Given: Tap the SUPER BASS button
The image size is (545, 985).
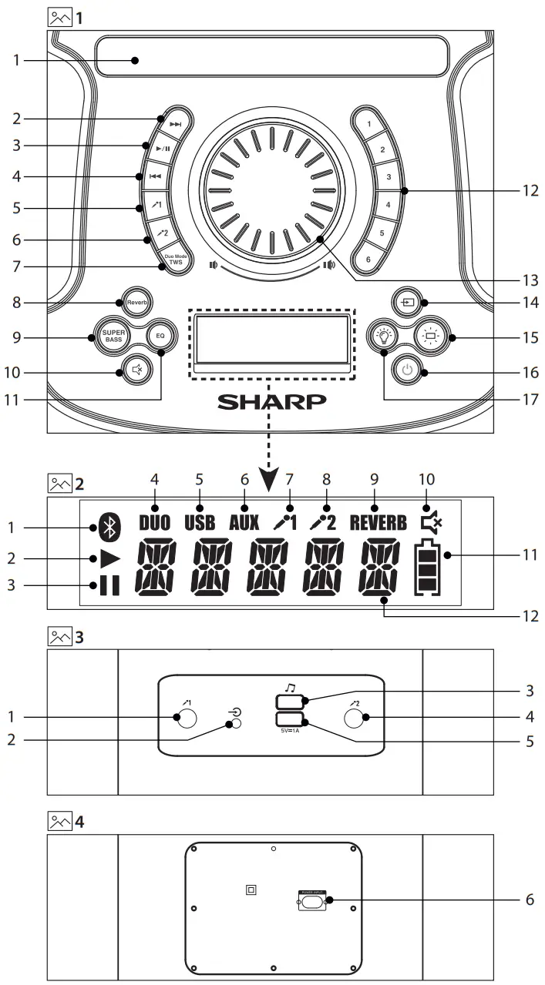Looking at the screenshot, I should point(107,337).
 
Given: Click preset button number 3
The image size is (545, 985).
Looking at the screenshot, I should point(389,177).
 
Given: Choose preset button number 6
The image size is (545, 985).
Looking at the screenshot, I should point(368,260).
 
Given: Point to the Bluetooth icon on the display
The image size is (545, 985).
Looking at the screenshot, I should point(109,528).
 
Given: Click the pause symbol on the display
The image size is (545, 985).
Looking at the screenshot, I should point(109,586).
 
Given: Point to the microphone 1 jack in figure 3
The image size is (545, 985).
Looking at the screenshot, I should point(185,718).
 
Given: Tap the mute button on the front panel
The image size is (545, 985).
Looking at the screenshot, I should point(136,373).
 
